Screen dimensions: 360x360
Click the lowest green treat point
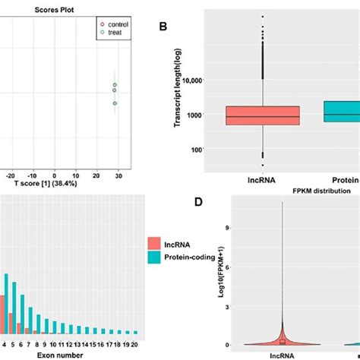115,103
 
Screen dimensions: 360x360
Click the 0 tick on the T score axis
64,175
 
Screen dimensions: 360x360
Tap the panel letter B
163,27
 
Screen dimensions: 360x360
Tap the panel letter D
200,203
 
